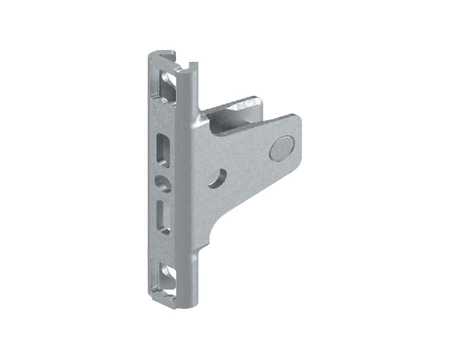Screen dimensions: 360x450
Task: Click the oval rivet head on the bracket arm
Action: pos(281,148)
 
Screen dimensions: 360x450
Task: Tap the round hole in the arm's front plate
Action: pos(217,178)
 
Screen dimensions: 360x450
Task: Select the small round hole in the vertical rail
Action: pos(162,183)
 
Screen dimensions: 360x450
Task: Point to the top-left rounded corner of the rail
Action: pos(150,55)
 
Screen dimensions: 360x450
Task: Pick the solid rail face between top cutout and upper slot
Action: pos(162,117)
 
